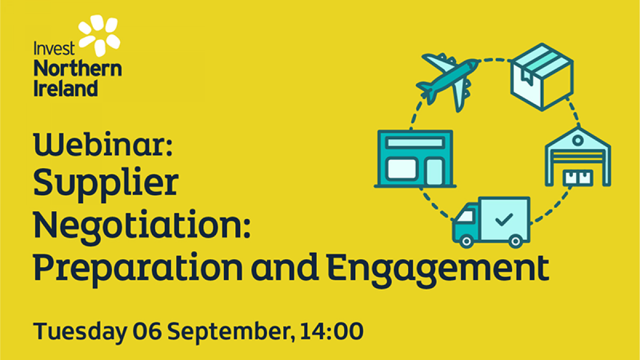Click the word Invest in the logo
coord(54,49)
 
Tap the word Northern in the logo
coord(78,69)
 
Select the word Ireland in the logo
coord(66,88)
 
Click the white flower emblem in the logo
coord(99,35)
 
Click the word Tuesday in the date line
coord(81,332)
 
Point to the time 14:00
coord(332,331)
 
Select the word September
coord(230,332)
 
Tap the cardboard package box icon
coord(542,77)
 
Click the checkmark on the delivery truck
coord(503,220)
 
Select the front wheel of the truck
coord(466,242)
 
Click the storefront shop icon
coord(415,159)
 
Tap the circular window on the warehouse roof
coord(578,140)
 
